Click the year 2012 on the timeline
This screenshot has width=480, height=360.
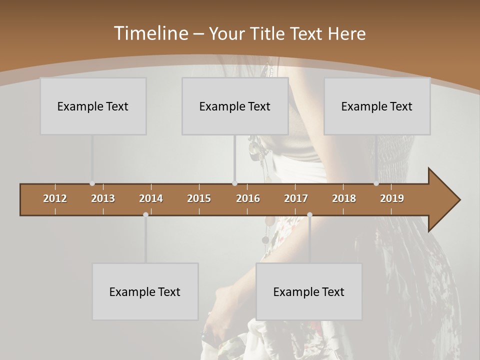55,198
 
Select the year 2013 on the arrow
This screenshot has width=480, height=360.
103,198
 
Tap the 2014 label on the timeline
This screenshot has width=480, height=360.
151,198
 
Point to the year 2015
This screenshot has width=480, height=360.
199,198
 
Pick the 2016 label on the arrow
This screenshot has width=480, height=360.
248,198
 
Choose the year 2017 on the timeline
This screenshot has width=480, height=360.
296,198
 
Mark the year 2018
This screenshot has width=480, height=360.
344,198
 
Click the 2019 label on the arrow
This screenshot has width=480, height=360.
392,198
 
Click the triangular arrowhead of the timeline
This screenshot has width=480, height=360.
442,200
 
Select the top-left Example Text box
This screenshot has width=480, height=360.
93,106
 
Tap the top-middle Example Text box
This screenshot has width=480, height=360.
235,106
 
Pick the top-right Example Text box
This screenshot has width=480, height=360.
377,106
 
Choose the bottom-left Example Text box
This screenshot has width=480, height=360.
145,291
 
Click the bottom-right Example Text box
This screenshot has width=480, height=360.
309,291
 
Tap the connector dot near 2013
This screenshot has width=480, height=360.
92,183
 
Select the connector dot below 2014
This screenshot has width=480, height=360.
145,214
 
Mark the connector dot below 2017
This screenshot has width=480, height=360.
309,214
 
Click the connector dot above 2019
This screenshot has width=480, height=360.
376,183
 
